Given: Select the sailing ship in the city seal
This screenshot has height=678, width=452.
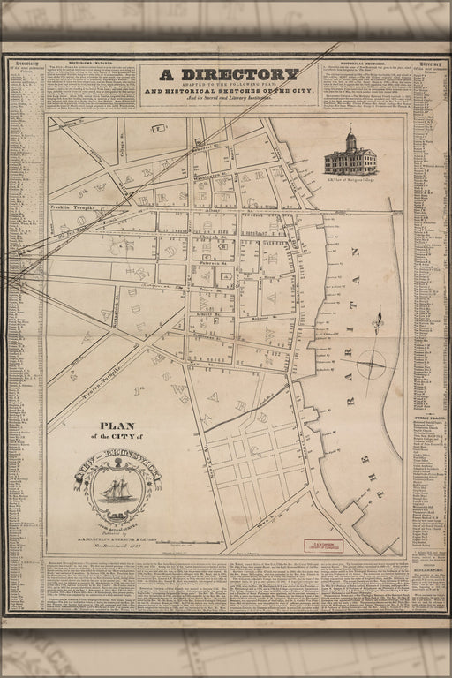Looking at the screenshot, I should (117, 489).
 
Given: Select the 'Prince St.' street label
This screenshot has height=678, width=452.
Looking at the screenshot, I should (208, 288).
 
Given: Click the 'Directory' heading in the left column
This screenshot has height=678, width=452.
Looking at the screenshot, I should (26, 64).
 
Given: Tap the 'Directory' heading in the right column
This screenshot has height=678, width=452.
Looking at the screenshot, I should (430, 64).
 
